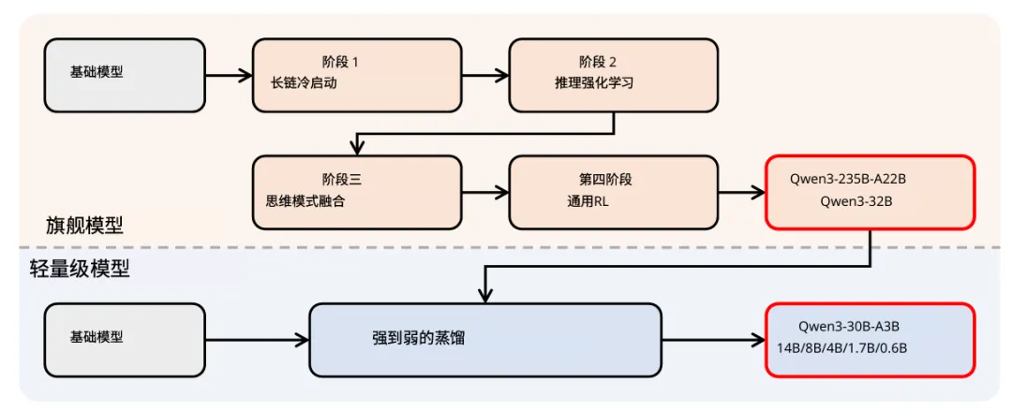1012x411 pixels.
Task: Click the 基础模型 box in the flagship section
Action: (x=125, y=75)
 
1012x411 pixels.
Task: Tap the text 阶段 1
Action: (x=339, y=62)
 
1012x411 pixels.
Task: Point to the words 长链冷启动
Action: (x=303, y=82)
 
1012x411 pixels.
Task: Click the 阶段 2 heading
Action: (x=599, y=62)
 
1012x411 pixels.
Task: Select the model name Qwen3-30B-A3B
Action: (x=849, y=327)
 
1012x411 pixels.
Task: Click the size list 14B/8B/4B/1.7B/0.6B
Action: (x=841, y=348)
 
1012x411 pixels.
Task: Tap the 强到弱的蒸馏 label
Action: (x=418, y=339)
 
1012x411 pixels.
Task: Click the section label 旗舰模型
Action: (x=84, y=226)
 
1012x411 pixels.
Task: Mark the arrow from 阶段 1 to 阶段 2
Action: (x=484, y=75)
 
